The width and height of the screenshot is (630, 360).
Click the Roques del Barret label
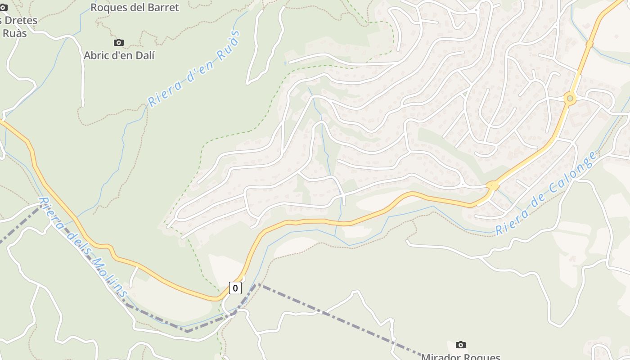135,7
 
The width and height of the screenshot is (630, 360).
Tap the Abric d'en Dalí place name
119,55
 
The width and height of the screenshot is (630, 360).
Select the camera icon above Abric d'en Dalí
119,43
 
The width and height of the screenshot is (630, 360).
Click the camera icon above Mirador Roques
460,345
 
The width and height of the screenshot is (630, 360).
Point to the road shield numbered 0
235,288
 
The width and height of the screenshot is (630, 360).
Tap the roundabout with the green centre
570,98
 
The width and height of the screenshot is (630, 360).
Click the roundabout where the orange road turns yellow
491,185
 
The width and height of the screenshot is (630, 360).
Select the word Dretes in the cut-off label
21,21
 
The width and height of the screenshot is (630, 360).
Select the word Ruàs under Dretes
14,33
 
